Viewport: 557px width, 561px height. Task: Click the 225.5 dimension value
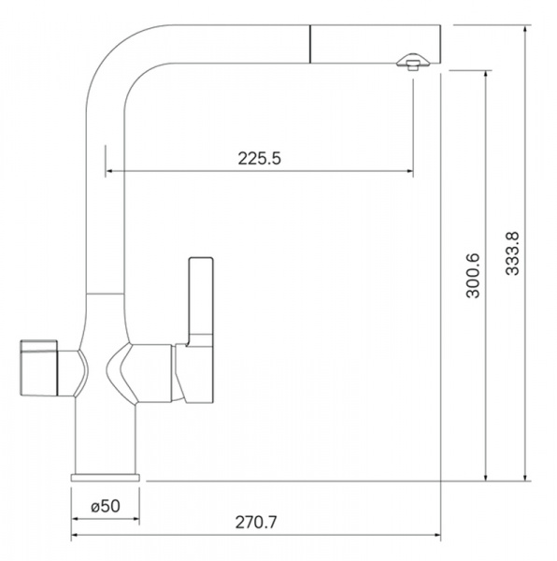[x=260, y=158]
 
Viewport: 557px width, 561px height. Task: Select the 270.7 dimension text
[x=256, y=523]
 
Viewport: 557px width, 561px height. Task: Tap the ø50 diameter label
[x=106, y=506]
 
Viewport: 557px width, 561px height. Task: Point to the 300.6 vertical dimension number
[x=473, y=276]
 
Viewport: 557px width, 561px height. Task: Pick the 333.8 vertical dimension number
[x=512, y=253]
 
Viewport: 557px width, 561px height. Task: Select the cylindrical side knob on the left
[x=38, y=367]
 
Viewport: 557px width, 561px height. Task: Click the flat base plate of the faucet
[x=106, y=478]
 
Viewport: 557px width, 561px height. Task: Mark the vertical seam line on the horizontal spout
[x=310, y=44]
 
